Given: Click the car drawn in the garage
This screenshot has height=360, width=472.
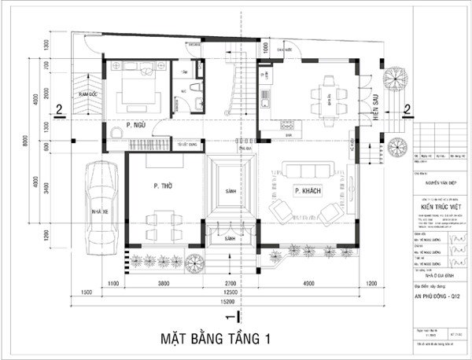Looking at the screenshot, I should [x=99, y=204].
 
